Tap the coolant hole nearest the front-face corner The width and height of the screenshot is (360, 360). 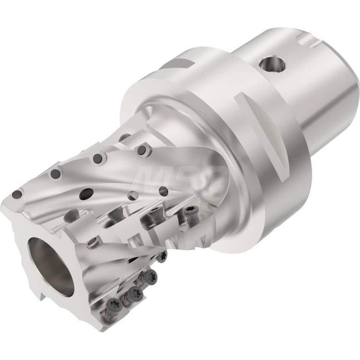pyautogui.click(x=17, y=195)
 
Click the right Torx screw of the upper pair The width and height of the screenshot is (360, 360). pyautogui.click(x=189, y=212)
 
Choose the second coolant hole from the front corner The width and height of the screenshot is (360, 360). pyautogui.click(x=56, y=174)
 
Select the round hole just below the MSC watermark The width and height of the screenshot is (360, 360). pyautogui.click(x=163, y=191)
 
